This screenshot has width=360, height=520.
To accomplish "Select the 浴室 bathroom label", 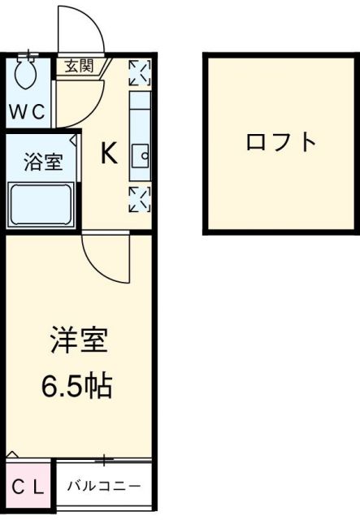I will click(x=41, y=161).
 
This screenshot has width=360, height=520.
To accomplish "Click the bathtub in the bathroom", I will click(x=41, y=206).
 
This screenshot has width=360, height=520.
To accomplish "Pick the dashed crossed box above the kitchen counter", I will click(x=140, y=72).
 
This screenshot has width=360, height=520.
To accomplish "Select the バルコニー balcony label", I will click(x=103, y=487).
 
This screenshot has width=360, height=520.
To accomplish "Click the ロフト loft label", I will click(x=281, y=142).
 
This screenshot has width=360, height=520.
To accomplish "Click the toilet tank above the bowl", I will click(x=29, y=58).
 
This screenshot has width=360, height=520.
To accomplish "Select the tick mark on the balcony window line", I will click(x=104, y=460).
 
